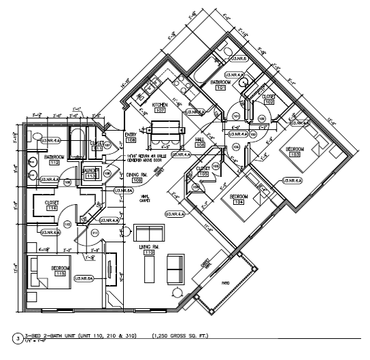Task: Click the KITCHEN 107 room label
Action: coord(161,107)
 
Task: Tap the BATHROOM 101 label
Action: coord(220,84)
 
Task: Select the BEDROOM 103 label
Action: coord(295,152)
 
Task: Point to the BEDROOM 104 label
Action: coord(239,199)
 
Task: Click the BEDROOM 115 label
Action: coord(59,272)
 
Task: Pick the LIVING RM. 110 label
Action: coord(149,249)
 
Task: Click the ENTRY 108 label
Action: coord(131,137)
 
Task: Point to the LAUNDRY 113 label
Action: coord(90,173)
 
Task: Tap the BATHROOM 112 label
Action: coord(53,161)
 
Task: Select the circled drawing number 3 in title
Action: coord(7,337)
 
